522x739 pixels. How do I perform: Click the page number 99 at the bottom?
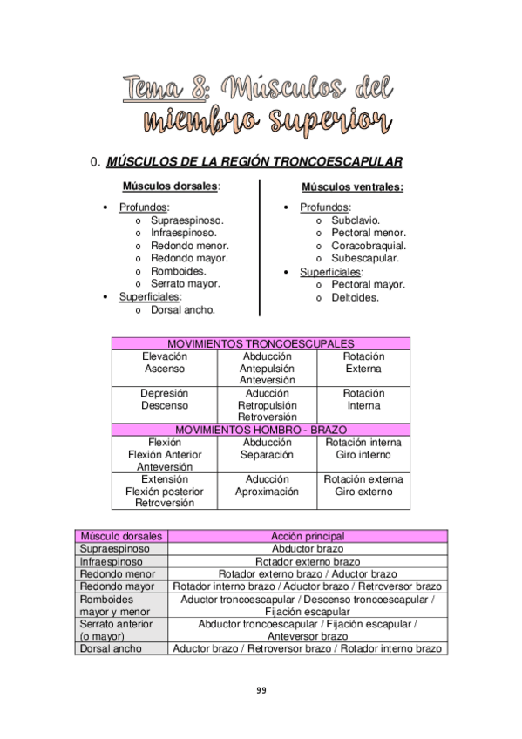coord(261,690)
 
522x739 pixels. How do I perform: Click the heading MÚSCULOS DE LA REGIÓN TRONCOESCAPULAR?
coord(253,161)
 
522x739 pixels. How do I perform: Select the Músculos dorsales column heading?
coord(171,186)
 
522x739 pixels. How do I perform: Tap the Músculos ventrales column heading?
coord(352,187)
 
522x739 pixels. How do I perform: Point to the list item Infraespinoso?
coord(183,233)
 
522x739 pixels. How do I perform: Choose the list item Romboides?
coord(179,271)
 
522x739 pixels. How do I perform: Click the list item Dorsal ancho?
coord(183,309)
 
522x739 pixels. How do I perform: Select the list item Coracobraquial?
coord(369,246)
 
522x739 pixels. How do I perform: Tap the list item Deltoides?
coord(356,297)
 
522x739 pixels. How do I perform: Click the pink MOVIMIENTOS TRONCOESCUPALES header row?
coord(261,344)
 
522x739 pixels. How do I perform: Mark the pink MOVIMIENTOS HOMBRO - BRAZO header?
coord(261,430)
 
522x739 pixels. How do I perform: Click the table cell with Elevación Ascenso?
coord(164,363)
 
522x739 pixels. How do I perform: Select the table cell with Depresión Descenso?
coord(164,399)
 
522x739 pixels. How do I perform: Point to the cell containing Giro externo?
coord(363,492)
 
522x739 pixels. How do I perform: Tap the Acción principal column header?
coord(308,536)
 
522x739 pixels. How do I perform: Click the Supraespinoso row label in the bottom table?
coord(115,549)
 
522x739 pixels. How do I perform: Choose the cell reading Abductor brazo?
coord(308,549)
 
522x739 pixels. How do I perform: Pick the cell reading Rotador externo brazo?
coord(308,562)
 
